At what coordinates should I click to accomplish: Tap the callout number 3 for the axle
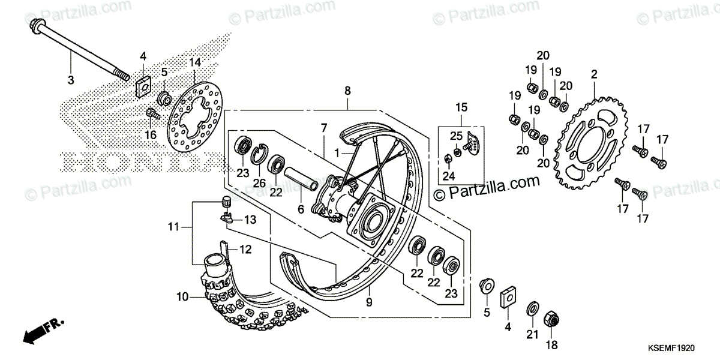(70, 80)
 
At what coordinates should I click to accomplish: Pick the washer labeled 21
(532, 310)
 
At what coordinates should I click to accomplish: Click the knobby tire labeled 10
(252, 306)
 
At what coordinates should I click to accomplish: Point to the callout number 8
(347, 91)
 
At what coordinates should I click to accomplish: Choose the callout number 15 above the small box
(460, 108)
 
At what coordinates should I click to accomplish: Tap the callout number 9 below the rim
(369, 303)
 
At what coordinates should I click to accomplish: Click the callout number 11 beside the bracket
(173, 227)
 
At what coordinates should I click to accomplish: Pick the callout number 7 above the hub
(323, 128)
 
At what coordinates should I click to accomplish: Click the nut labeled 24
(449, 159)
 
